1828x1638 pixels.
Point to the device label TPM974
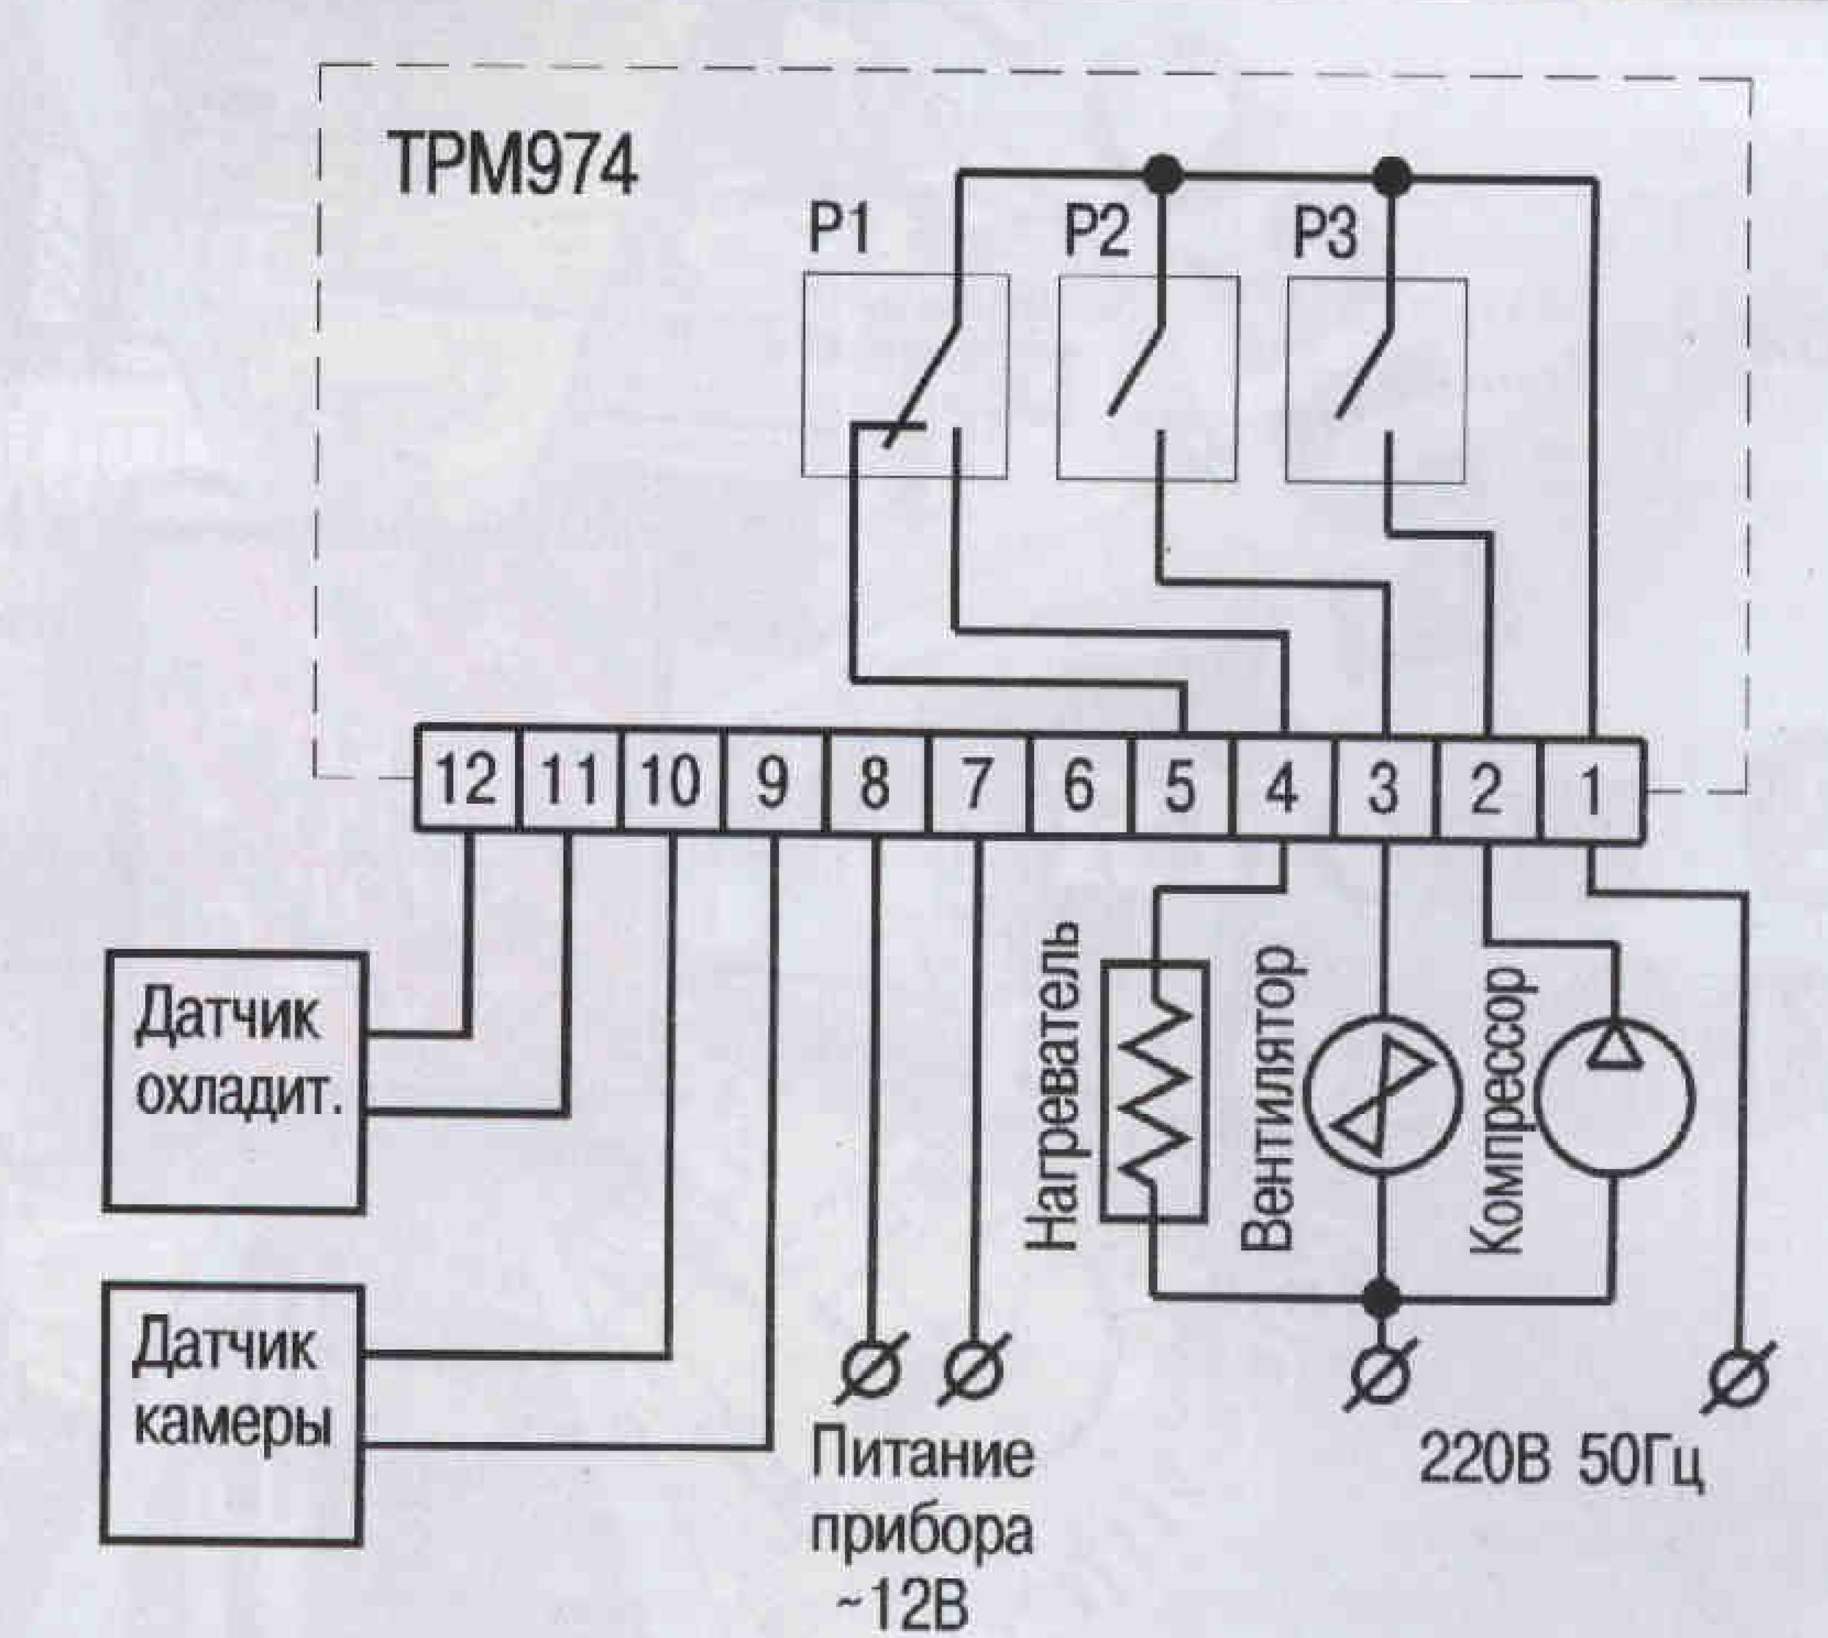coord(513,166)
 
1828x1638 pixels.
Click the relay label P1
coord(839,234)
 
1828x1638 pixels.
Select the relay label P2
coord(1096,234)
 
